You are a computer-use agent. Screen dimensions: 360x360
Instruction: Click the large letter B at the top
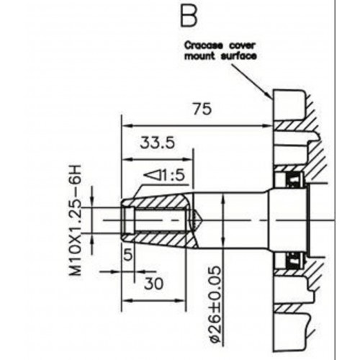point(189,16)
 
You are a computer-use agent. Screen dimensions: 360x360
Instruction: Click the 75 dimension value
point(202,109)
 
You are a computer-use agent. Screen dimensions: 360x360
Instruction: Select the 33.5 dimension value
point(157,143)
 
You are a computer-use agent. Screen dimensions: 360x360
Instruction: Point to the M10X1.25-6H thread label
point(75,220)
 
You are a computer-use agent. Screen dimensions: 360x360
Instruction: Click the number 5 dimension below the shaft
point(128,255)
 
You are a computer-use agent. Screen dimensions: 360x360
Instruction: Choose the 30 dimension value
point(153,284)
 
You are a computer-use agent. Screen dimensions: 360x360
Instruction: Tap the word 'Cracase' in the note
point(204,45)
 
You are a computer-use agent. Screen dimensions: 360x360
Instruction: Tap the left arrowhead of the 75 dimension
point(127,126)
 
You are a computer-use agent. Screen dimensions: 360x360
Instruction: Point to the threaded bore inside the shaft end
point(153,220)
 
